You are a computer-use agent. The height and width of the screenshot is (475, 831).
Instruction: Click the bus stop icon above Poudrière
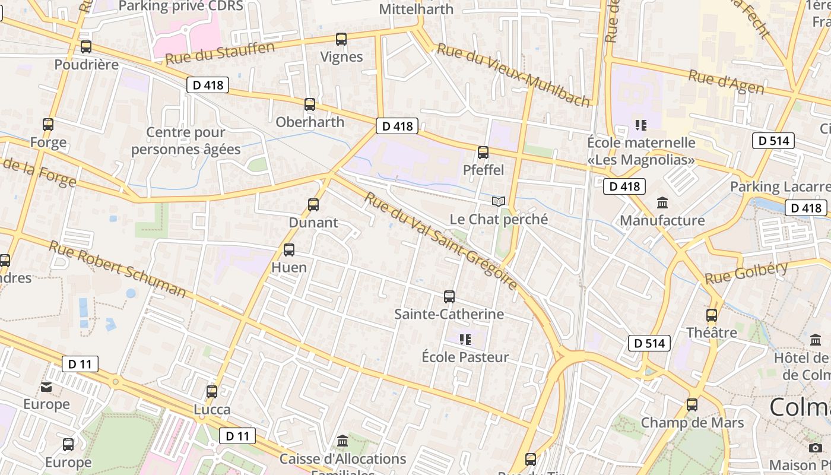(86, 47)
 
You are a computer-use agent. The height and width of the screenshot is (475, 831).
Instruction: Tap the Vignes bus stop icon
(341, 39)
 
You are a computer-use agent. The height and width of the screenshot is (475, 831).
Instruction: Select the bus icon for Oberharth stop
(310, 104)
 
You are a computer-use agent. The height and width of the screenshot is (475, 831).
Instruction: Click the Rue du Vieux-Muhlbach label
(514, 75)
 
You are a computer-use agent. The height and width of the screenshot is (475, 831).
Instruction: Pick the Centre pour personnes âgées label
(186, 141)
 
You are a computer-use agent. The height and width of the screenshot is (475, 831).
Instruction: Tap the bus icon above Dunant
(313, 205)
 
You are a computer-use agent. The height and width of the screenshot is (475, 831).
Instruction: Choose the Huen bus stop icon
(289, 250)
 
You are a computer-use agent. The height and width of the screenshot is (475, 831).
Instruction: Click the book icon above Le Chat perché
(499, 202)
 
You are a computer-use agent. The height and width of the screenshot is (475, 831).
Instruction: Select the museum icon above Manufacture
(662, 203)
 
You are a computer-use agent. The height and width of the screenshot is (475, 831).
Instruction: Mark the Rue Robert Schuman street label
(118, 269)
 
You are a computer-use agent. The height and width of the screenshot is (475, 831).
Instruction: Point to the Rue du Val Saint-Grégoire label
(442, 240)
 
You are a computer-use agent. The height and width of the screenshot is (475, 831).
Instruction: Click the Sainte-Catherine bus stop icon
(449, 296)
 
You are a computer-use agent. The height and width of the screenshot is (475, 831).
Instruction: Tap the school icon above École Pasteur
(465, 340)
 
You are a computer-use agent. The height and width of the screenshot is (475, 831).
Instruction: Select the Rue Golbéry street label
(747, 273)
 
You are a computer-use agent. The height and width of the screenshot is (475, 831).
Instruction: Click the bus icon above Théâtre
(712, 315)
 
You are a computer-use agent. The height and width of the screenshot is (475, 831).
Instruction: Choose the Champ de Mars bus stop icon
(692, 406)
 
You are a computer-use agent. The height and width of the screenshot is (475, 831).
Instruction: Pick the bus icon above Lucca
(212, 392)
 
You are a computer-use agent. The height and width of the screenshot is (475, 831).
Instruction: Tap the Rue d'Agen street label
(726, 81)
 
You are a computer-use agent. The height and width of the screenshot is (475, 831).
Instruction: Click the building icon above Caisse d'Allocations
(342, 441)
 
